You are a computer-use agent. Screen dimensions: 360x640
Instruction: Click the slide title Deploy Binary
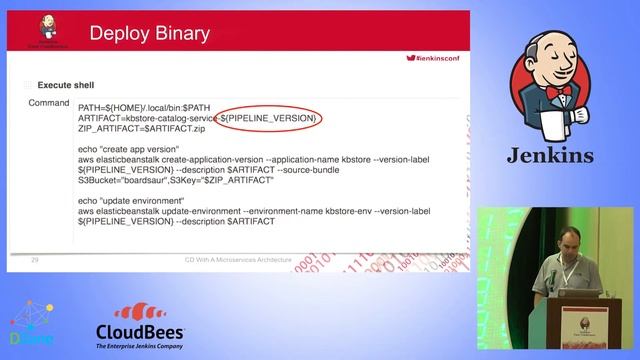pyautogui.click(x=150, y=34)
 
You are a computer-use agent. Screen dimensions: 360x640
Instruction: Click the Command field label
pyautogui.click(x=48, y=103)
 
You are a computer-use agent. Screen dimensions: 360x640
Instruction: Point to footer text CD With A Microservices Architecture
pyautogui.click(x=237, y=260)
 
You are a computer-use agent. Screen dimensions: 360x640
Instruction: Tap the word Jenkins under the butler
pyautogui.click(x=549, y=155)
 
